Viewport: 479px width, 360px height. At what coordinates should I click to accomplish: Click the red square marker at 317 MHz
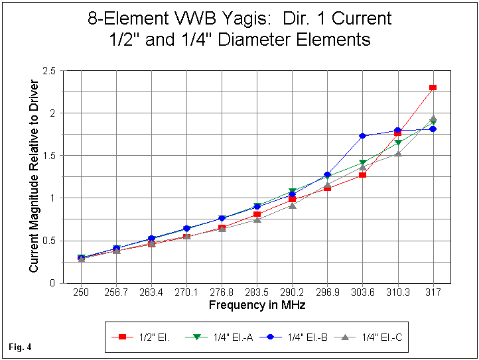433,88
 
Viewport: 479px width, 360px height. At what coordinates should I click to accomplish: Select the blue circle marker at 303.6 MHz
362,136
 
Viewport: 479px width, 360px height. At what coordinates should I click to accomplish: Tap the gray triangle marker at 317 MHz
433,119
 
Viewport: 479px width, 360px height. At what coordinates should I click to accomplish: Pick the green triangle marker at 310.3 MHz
397,143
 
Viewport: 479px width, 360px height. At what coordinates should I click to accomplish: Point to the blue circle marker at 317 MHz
433,129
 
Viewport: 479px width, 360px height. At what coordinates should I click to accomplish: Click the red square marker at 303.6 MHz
362,175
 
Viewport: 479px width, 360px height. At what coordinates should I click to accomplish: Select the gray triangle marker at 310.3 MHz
397,153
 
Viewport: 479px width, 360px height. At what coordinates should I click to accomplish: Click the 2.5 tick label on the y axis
48,70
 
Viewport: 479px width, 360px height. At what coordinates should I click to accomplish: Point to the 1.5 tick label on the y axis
48,155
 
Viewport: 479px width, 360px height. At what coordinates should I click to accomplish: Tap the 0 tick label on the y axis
52,283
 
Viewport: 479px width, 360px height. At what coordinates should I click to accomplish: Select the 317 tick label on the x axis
433,292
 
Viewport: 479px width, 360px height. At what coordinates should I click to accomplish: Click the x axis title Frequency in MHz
256,305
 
